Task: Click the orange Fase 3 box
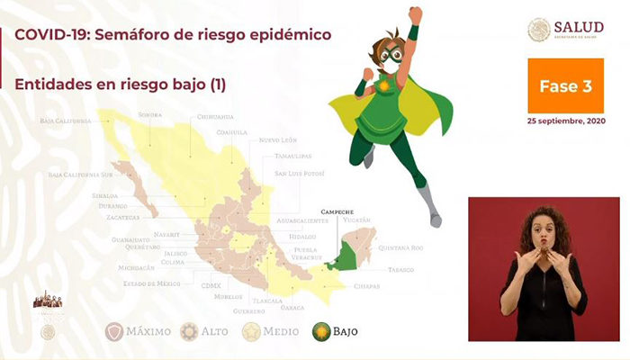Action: pos(565,85)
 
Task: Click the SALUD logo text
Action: pos(580,26)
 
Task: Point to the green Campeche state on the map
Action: pos(344,258)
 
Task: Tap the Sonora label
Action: pos(150,115)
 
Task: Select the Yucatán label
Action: pos(356,219)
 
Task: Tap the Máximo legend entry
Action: pos(139,331)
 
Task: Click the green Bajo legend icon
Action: pos(319,331)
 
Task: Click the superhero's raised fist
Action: pos(415,15)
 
